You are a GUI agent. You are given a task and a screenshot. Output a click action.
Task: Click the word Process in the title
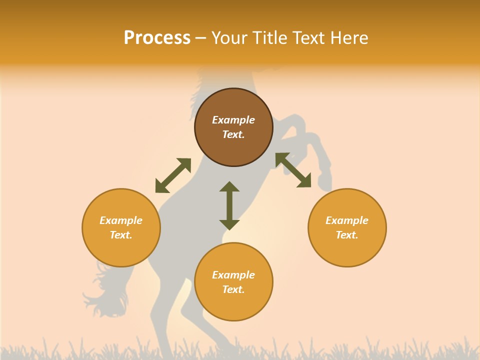tap(157, 38)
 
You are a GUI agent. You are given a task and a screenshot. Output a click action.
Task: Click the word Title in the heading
tap(267, 38)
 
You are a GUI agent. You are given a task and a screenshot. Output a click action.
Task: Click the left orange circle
tap(121, 250)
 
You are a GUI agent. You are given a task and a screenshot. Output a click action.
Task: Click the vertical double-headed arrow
tap(229, 206)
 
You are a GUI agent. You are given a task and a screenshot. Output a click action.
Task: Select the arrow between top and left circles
tap(173, 175)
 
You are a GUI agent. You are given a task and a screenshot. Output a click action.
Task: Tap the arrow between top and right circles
tap(293, 170)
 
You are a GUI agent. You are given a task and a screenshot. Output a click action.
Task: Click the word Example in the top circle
tap(233, 120)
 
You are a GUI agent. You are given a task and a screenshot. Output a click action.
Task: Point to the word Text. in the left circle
tap(121, 235)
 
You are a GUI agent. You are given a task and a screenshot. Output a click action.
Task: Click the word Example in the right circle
tap(347, 220)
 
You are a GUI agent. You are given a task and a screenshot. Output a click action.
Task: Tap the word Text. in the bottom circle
tap(233, 289)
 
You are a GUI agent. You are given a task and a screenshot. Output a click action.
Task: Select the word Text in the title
tap(307, 38)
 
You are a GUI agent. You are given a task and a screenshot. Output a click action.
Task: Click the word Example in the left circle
tap(121, 220)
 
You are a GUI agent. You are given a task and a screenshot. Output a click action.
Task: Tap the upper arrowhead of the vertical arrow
tap(229, 187)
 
